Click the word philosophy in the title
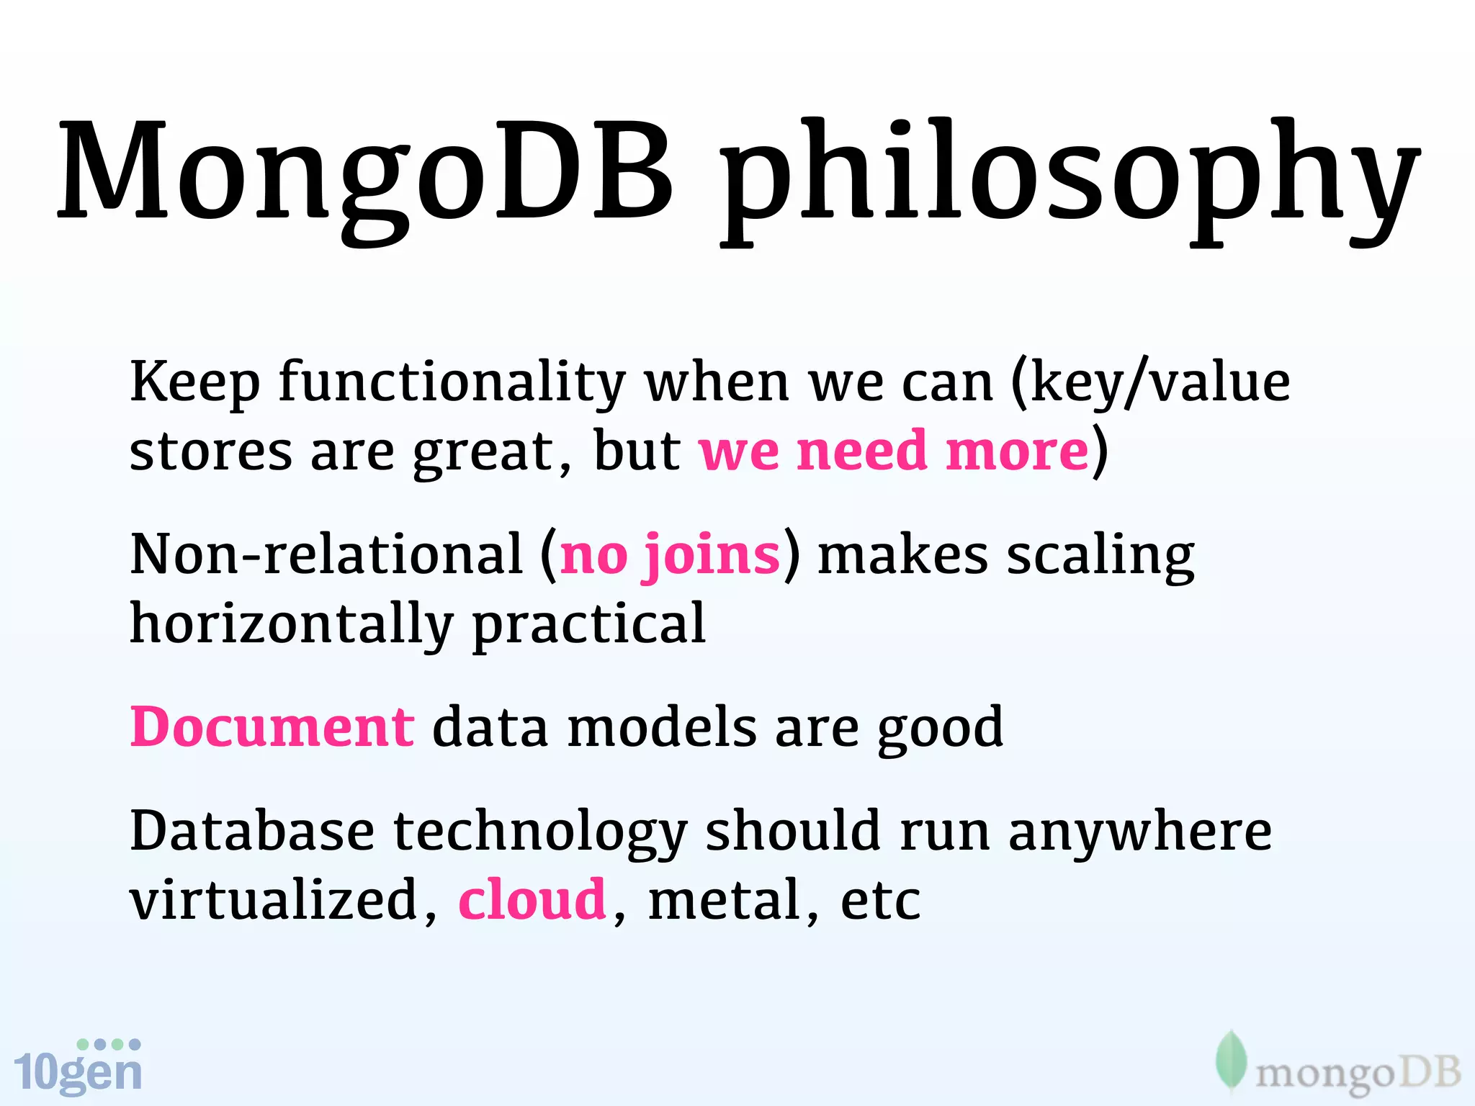click(1070, 180)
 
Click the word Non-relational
click(326, 554)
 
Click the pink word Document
click(272, 727)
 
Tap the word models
click(662, 727)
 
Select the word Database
click(252, 831)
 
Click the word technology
click(540, 832)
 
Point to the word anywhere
click(1139, 832)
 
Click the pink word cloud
click(532, 900)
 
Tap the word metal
click(725, 900)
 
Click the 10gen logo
click(78, 1067)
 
